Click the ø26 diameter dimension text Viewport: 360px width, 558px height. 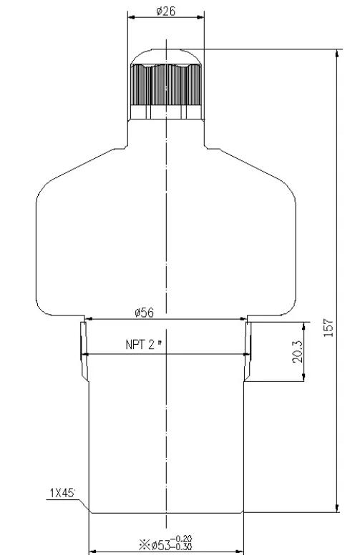point(165,10)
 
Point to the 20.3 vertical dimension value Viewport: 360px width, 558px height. point(298,351)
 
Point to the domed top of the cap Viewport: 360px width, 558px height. point(165,56)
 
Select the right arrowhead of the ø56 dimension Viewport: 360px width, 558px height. point(244,320)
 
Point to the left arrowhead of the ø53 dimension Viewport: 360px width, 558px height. point(91,552)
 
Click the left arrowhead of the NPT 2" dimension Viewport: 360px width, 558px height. point(84,353)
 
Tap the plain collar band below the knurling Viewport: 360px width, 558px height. point(165,112)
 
